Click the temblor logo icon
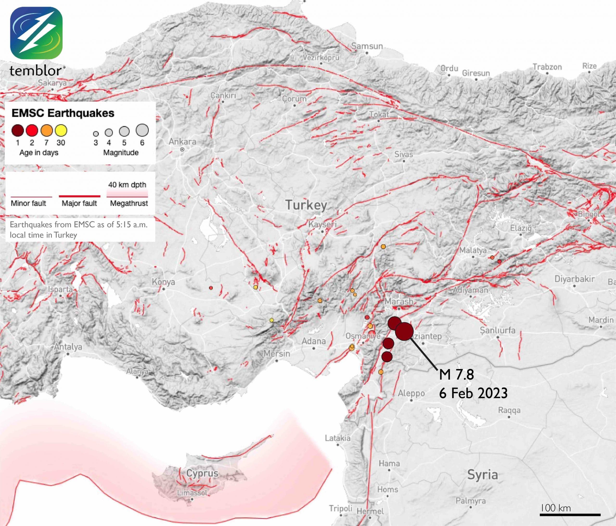tap(36, 33)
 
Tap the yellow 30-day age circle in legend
tap(61, 130)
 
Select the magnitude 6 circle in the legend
tap(142, 130)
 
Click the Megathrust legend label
tap(129, 203)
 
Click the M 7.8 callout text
tap(456, 375)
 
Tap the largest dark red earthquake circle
tap(404, 331)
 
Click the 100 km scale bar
tap(570, 514)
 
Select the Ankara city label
tap(183, 142)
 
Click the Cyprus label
tap(202, 473)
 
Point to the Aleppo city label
tap(411, 393)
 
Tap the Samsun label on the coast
tap(367, 46)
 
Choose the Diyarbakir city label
tap(574, 279)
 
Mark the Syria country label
tap(482, 474)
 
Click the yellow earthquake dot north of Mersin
tap(271, 320)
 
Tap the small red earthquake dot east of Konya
tap(211, 288)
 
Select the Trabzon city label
tap(547, 67)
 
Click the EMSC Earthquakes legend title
tap(63, 113)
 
